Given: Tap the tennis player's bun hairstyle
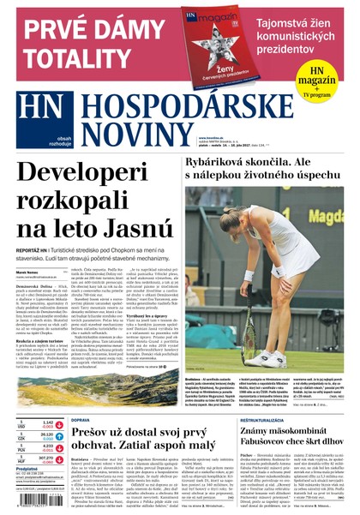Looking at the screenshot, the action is pyautogui.click(x=282, y=207).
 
